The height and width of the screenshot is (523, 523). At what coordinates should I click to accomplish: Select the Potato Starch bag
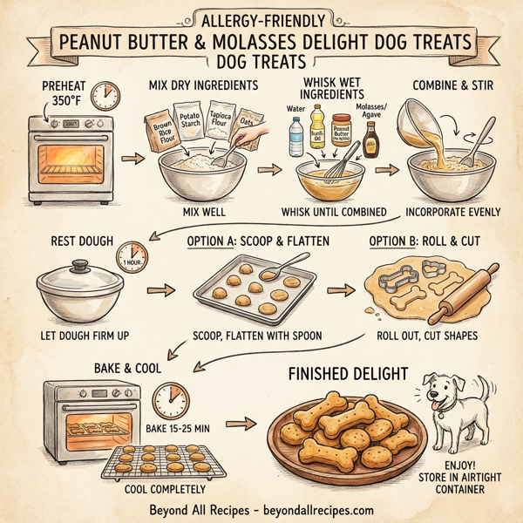[190, 123]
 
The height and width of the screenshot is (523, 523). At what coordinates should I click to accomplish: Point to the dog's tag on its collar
[439, 418]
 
